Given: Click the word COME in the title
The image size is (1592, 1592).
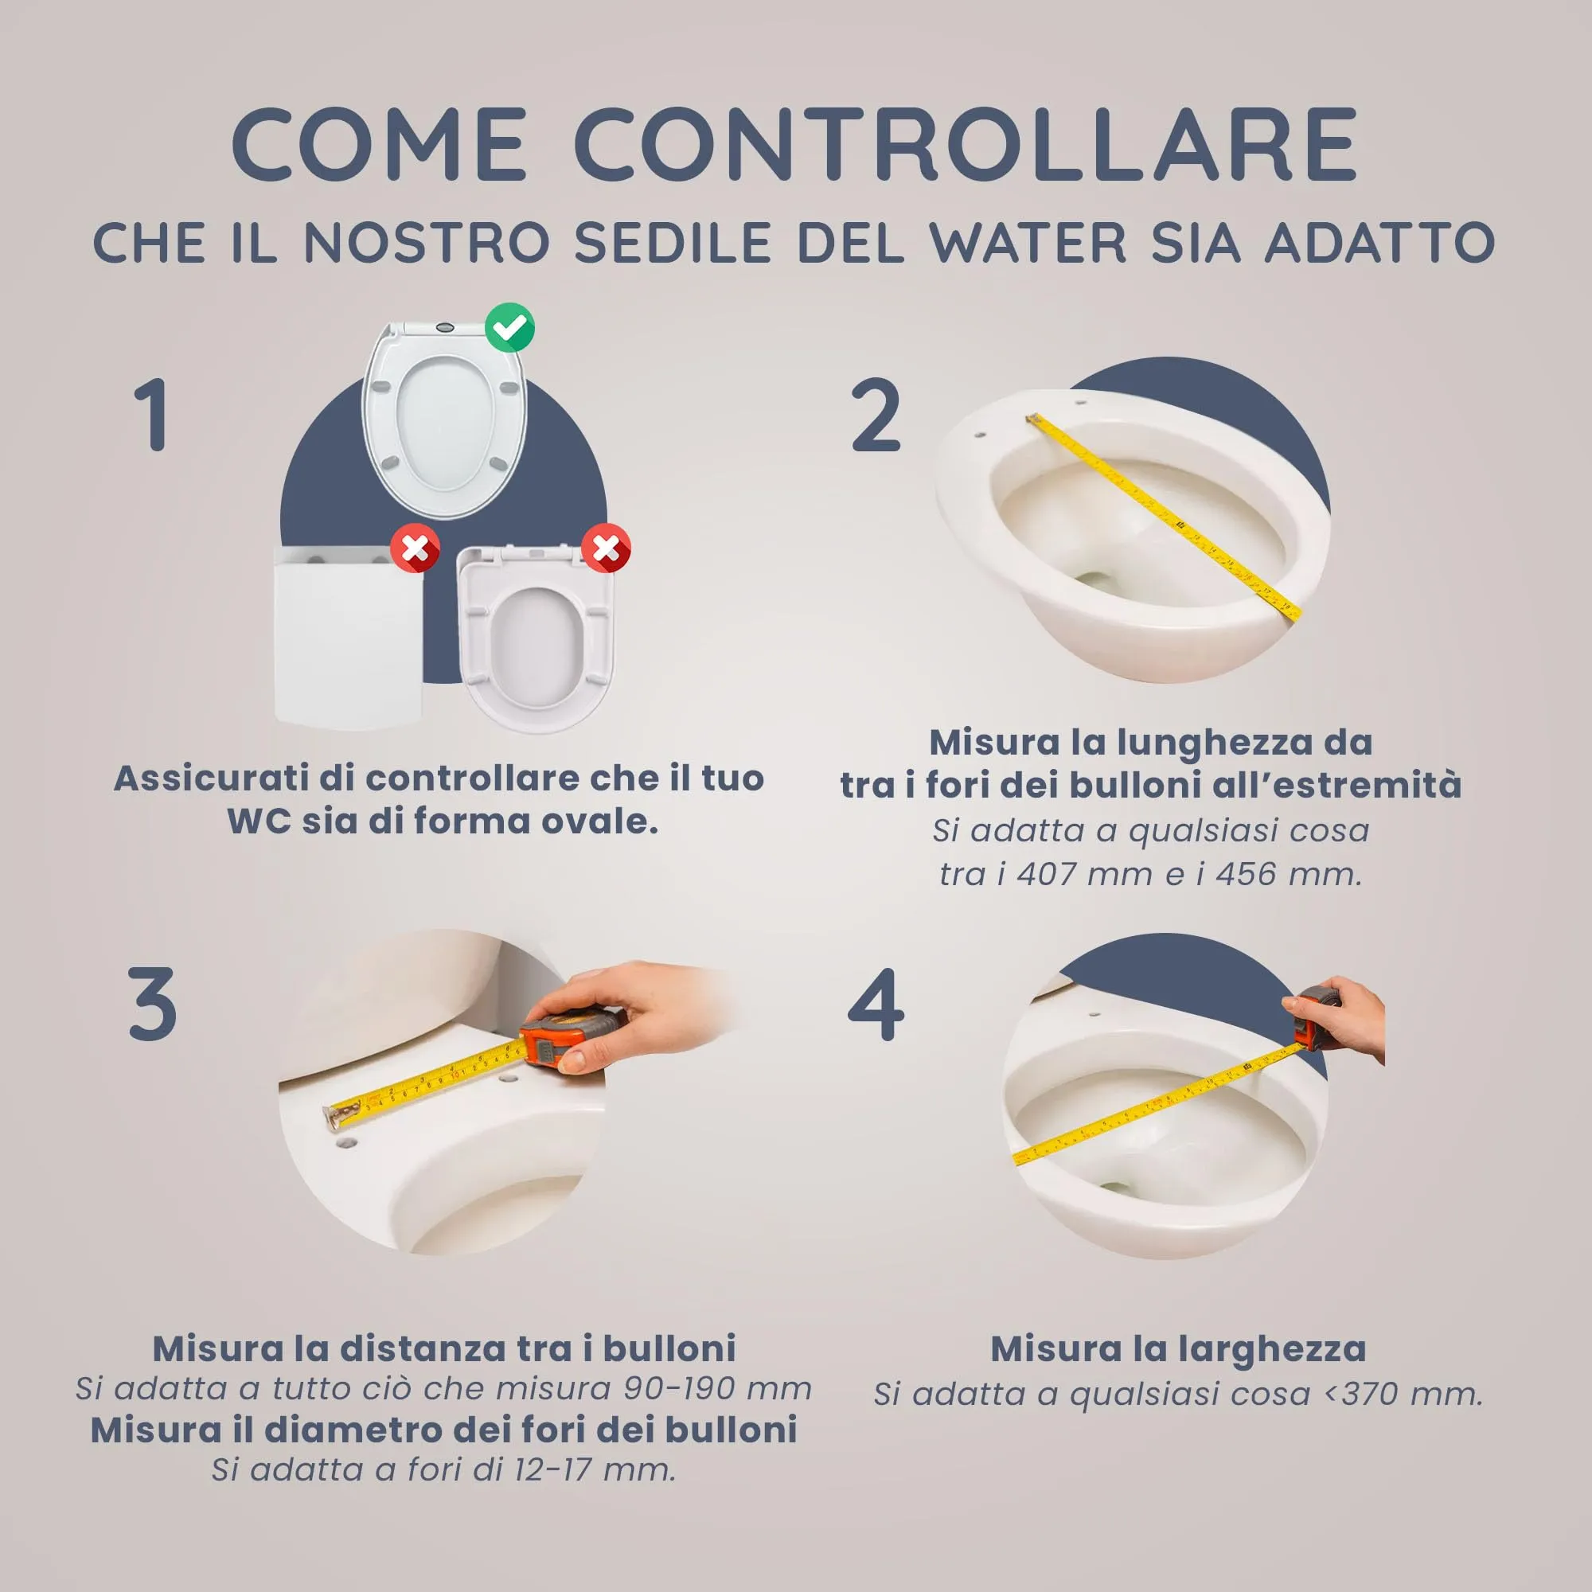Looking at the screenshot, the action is pos(379,144).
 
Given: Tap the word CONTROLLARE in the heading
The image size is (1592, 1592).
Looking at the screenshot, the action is pos(966,144).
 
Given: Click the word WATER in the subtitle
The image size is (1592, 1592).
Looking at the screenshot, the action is pos(1028,243).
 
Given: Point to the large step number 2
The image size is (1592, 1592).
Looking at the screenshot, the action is pos(876,415).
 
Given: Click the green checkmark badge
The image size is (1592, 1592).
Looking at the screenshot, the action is pos(509,328).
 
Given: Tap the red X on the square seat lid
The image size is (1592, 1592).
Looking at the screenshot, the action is pos(416,548).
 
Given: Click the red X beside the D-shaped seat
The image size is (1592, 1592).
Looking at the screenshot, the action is pos(607,548).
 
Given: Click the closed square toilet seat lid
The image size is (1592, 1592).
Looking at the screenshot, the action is pos(348,638).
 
